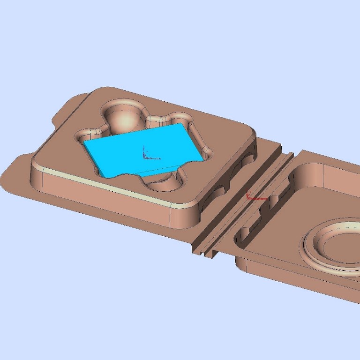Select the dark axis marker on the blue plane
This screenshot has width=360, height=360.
point(145,152)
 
